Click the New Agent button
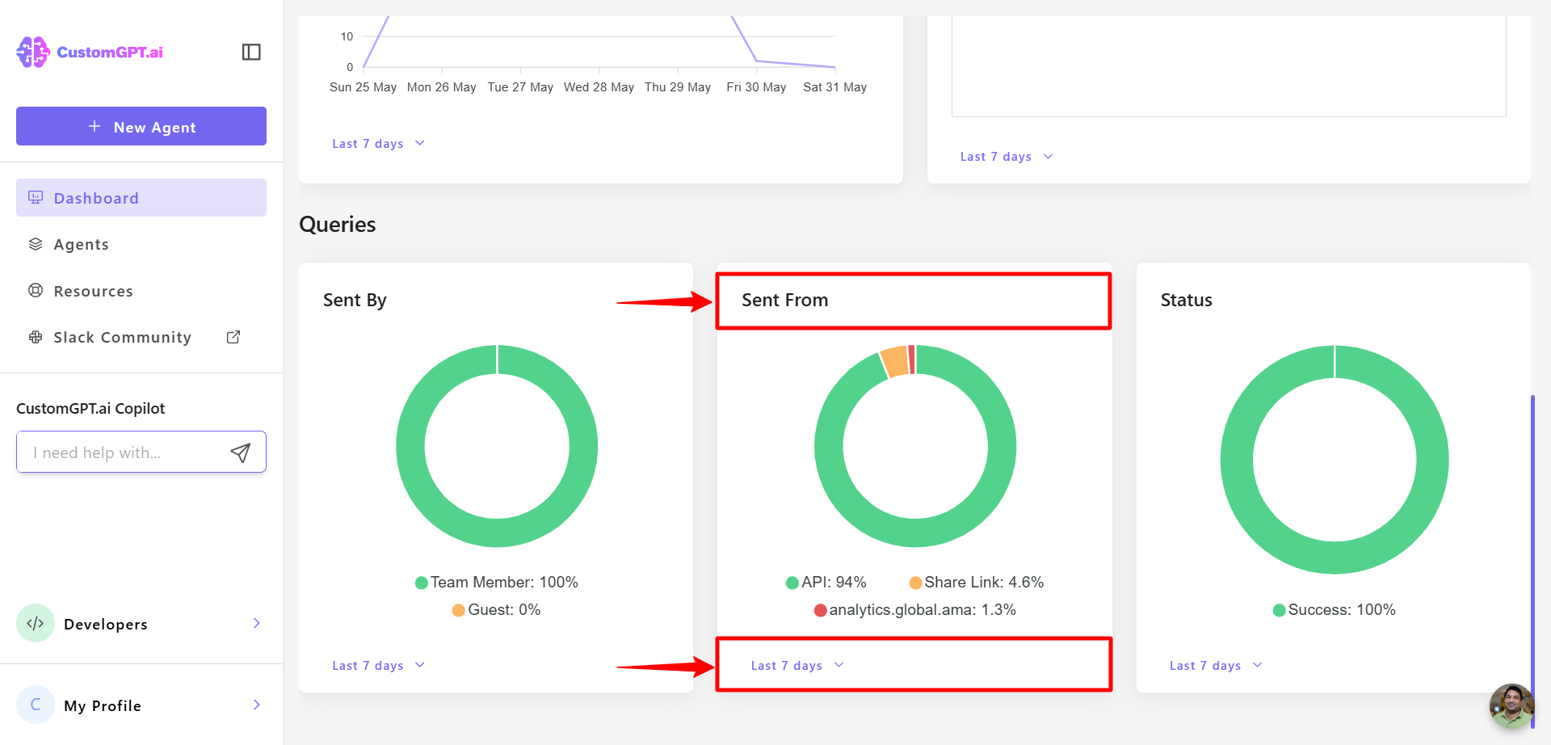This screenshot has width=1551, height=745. pyautogui.click(x=141, y=127)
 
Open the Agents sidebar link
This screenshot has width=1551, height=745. pyautogui.click(x=81, y=245)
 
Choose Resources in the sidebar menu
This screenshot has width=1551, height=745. pyautogui.click(x=93, y=291)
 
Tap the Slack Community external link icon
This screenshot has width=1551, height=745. pyautogui.click(x=233, y=337)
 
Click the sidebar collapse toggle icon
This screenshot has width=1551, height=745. pyautogui.click(x=251, y=53)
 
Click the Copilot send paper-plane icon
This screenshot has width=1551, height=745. pyautogui.click(x=241, y=452)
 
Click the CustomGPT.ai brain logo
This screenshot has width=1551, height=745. pyautogui.click(x=33, y=53)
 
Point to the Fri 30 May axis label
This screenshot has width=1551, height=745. pyautogui.click(x=756, y=87)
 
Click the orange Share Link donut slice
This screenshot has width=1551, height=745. pyautogui.click(x=894, y=361)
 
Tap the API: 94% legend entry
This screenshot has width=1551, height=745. pyautogui.click(x=826, y=583)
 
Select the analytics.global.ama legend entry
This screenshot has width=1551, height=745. pyautogui.click(x=915, y=610)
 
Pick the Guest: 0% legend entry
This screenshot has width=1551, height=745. pyautogui.click(x=497, y=610)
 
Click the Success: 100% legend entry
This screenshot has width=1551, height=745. pyautogui.click(x=1335, y=610)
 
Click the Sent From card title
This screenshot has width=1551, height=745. pyautogui.click(x=784, y=301)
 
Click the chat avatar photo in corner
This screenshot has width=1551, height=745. pyautogui.click(x=1511, y=705)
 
